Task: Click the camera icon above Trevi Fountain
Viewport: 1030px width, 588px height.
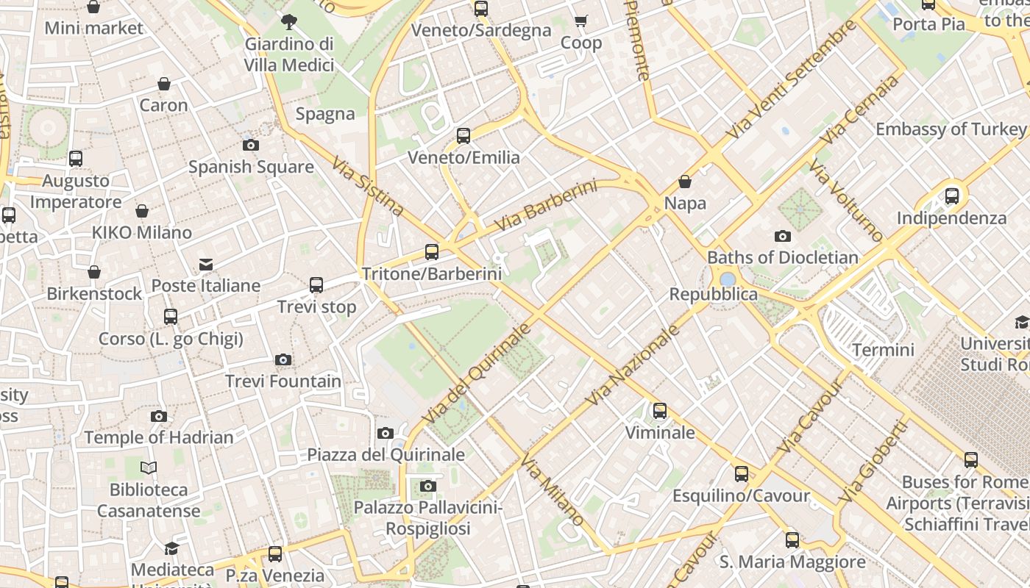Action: (x=283, y=359)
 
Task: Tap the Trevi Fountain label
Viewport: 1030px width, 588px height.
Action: (x=283, y=381)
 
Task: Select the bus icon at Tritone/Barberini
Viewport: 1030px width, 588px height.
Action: (x=432, y=252)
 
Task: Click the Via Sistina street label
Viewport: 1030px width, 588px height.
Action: (x=368, y=187)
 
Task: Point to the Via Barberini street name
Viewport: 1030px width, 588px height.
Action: (x=545, y=205)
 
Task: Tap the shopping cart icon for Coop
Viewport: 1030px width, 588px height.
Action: (x=581, y=21)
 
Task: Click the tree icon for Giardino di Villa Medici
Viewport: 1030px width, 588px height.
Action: (x=289, y=22)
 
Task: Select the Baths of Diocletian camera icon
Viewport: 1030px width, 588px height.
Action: (x=783, y=236)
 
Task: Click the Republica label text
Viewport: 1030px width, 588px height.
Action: (x=713, y=294)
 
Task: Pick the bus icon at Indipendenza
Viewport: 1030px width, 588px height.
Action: (x=952, y=196)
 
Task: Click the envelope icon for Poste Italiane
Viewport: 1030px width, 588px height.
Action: (x=206, y=265)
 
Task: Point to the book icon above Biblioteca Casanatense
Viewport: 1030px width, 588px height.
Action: (x=149, y=467)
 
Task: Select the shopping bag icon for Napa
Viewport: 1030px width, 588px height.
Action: (x=685, y=181)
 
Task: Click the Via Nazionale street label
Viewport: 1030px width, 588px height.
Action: (x=633, y=365)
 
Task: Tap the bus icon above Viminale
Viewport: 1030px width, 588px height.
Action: (x=660, y=411)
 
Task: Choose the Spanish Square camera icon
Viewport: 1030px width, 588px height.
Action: (x=251, y=145)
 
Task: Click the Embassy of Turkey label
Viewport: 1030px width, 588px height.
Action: (x=951, y=129)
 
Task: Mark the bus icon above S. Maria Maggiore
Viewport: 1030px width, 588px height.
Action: (x=792, y=540)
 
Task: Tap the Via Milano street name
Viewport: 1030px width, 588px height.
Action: (x=553, y=490)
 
